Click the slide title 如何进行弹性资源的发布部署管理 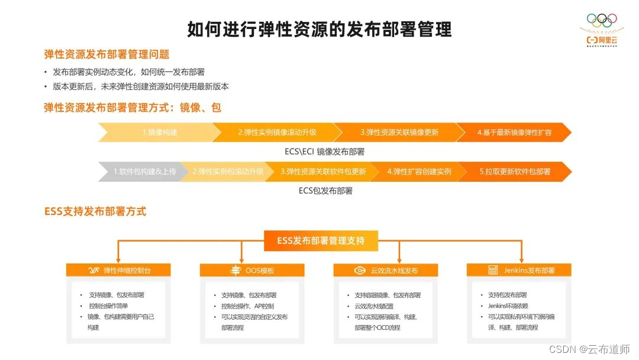(319, 28)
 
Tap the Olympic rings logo (601, 20)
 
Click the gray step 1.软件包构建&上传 (144, 172)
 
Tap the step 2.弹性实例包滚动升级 (227, 172)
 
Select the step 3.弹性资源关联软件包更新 (323, 172)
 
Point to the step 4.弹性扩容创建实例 (419, 172)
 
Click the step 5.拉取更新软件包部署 (514, 172)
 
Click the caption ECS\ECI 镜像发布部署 (324, 152)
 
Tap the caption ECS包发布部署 (325, 191)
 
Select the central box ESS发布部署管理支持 (320, 241)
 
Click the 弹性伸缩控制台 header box (119, 271)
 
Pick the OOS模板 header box (253, 271)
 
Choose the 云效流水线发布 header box (386, 271)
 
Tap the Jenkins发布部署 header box (520, 271)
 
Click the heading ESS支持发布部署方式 (95, 211)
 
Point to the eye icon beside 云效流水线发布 (359, 271)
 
